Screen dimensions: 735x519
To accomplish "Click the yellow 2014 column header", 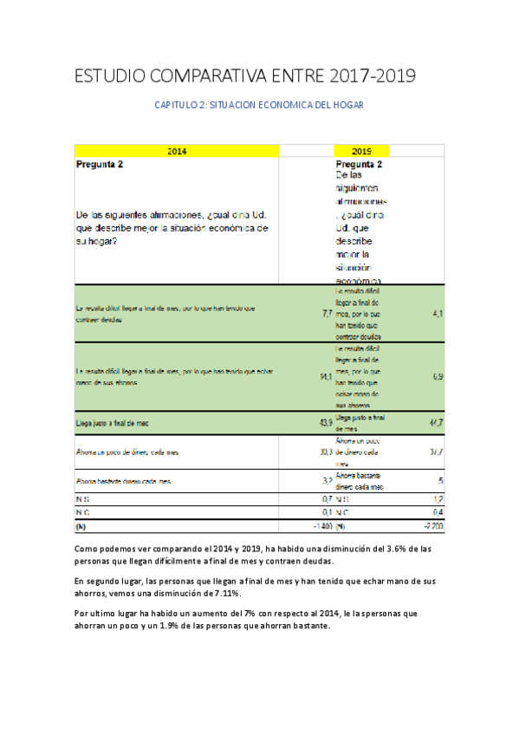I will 177,151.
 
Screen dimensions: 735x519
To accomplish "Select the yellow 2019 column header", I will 362,151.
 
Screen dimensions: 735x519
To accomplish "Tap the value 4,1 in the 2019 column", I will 438,313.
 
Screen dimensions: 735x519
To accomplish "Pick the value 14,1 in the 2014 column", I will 326,376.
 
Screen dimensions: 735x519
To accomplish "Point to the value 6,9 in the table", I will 438,376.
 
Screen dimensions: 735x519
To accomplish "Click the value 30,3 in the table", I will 326,452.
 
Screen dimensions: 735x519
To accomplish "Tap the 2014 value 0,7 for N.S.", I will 327,498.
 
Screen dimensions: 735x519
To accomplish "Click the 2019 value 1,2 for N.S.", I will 438,498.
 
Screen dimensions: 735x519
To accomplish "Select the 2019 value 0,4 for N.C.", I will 438,512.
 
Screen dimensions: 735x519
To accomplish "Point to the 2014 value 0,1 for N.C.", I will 327,512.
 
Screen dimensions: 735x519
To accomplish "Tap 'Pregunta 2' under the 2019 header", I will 359,164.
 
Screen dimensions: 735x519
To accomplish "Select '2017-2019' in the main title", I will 373,76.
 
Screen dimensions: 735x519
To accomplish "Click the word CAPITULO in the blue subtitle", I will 178,105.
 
